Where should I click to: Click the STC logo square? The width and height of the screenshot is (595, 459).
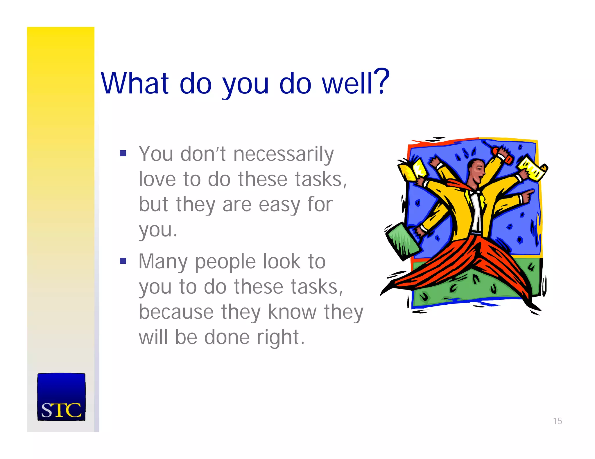point(61,397)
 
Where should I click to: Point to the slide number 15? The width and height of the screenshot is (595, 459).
point(557,421)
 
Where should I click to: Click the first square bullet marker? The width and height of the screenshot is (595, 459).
point(123,153)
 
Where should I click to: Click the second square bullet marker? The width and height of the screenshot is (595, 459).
point(123,261)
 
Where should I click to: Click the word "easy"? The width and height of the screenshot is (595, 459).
point(279,205)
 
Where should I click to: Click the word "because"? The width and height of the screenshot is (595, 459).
point(176,312)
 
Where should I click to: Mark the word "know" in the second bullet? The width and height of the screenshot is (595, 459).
point(292,312)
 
